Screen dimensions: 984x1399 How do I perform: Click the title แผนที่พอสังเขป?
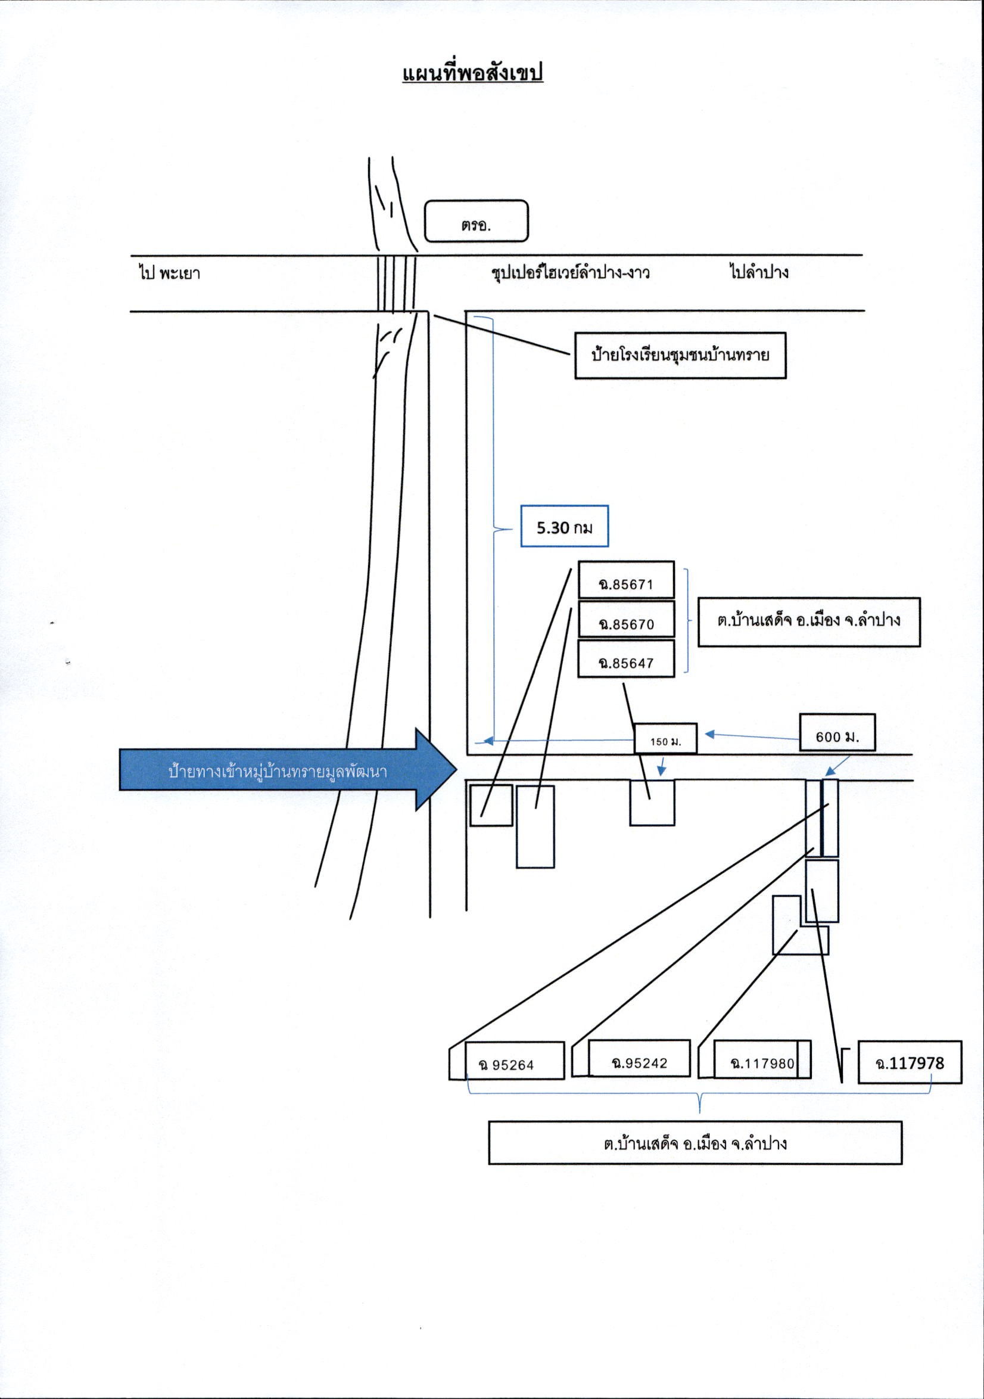472,73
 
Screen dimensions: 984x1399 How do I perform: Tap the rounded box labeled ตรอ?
476,221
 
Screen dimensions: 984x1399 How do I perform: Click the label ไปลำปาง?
759,272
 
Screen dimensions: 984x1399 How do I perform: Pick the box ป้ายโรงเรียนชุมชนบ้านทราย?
680,355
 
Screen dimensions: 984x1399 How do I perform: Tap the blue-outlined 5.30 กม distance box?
565,527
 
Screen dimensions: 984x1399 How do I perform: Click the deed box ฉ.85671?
626,580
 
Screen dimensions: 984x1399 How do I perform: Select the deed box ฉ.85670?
626,619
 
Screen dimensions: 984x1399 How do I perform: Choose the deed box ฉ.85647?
626,658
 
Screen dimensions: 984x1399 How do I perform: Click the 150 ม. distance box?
665,738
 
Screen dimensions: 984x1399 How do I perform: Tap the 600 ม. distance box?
837,732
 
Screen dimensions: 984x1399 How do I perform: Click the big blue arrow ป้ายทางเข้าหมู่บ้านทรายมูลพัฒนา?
288,769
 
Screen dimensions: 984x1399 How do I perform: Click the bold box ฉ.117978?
910,1062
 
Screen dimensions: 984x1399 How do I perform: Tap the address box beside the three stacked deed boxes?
808,621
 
